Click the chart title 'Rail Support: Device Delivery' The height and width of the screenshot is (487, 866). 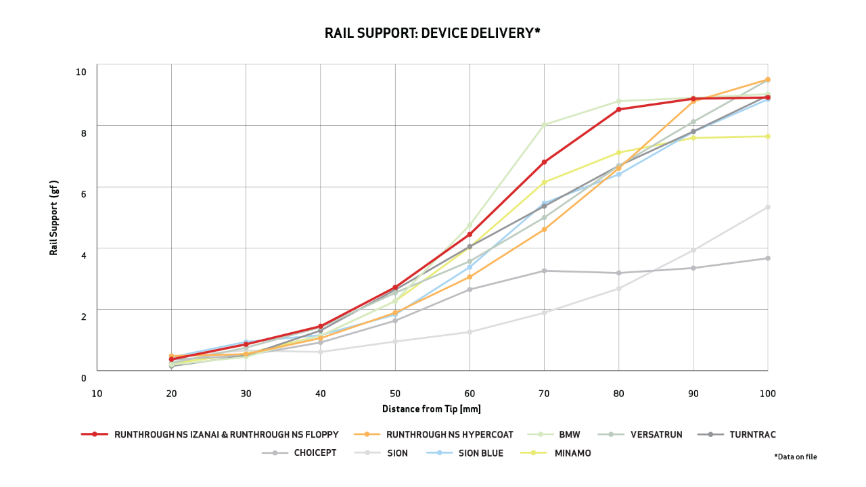point(432,33)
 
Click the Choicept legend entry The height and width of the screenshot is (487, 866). point(315,453)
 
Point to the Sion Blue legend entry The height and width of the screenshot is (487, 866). point(480,453)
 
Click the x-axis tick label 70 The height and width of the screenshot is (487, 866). point(544,393)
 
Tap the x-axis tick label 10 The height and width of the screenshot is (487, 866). point(97,393)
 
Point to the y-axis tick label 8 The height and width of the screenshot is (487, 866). point(84,133)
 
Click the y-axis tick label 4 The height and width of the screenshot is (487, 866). point(84,256)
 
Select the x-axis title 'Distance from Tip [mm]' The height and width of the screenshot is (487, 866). point(432,409)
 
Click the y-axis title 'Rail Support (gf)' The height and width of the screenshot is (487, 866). point(54,218)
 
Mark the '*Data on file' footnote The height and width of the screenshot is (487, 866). point(796,457)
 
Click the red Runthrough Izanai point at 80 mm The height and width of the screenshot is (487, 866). point(619,109)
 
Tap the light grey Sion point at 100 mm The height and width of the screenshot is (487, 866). point(768,207)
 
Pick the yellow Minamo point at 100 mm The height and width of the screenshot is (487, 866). point(768,136)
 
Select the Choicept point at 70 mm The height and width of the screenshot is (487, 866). point(544,271)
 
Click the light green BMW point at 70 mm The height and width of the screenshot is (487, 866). point(544,124)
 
